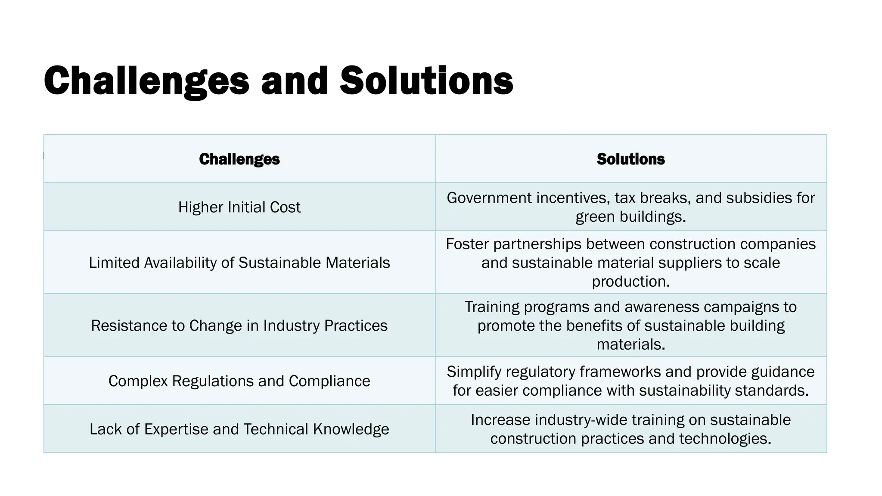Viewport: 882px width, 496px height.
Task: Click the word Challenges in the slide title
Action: coord(146,81)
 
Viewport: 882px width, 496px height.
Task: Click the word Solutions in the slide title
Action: coord(426,81)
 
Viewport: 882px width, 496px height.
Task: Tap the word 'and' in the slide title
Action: coord(295,81)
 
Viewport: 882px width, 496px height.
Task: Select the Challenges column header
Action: coord(239,159)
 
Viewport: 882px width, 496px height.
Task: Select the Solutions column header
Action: coord(630,159)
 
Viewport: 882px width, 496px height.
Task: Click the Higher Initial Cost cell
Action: coord(239,207)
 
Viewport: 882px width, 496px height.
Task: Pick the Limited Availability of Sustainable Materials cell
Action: coord(239,263)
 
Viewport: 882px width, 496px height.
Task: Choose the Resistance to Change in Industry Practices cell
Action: coord(239,325)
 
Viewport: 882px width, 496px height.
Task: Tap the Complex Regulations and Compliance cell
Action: coord(239,381)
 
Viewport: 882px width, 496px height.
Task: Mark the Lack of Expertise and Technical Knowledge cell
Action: coord(239,429)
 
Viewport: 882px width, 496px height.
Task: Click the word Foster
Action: coord(467,244)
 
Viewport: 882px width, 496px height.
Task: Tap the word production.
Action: coord(630,282)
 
